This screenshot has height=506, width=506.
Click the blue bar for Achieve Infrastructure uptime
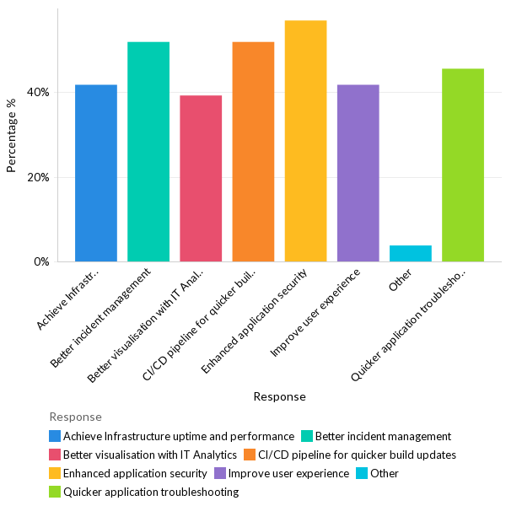(96, 173)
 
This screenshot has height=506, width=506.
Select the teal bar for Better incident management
(148, 152)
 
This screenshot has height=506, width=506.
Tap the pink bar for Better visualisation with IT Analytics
(201, 178)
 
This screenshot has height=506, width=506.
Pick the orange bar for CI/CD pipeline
(253, 152)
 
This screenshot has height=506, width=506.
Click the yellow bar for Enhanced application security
(305, 141)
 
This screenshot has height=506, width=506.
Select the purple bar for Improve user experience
(358, 173)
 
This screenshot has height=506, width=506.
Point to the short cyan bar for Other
(411, 253)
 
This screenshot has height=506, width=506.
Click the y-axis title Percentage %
(11, 136)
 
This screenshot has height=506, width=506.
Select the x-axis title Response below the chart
(279, 396)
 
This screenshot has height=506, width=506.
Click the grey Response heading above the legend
(75, 417)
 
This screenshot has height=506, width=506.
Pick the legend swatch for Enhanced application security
(55, 473)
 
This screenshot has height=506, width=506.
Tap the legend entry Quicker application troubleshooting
(151, 492)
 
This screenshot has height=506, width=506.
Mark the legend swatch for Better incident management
(307, 436)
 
